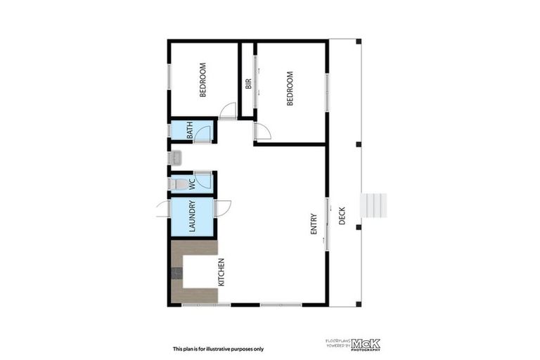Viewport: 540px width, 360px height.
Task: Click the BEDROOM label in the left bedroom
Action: [x=202, y=80]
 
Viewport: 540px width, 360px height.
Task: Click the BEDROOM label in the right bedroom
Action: [x=289, y=88]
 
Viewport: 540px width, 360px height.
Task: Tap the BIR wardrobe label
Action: [x=248, y=84]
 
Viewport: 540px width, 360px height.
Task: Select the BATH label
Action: [x=190, y=131]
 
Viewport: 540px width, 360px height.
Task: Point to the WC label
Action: [x=191, y=184]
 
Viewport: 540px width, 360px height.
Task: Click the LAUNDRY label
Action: [x=191, y=217]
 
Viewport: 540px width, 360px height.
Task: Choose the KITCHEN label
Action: [x=221, y=272]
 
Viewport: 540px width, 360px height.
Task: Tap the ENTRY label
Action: [x=314, y=224]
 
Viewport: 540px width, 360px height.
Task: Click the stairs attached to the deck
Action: [x=373, y=205]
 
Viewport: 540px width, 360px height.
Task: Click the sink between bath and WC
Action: [x=176, y=157]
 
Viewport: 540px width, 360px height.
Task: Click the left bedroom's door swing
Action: [x=228, y=110]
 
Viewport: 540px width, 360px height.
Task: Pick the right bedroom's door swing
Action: [x=262, y=131]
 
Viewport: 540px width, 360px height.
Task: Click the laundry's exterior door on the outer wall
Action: [x=162, y=207]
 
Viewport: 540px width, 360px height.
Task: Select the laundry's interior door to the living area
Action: [x=222, y=208]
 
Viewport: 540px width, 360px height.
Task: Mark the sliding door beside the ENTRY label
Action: [x=326, y=224]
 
